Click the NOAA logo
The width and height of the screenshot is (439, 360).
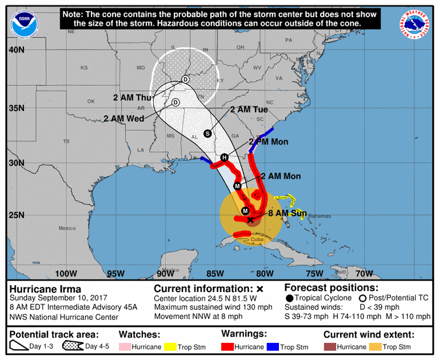click(22, 23)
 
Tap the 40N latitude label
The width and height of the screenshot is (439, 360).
click(17, 50)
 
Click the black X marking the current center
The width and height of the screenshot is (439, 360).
click(250, 219)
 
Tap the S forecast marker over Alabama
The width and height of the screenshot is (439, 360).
click(207, 133)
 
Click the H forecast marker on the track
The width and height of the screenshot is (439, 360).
click(225, 158)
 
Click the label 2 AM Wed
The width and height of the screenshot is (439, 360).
click(123, 119)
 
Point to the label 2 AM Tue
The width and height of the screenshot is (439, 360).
click(249, 110)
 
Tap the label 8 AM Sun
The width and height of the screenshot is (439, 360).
click(288, 213)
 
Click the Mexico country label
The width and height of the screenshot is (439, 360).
click(66, 228)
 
